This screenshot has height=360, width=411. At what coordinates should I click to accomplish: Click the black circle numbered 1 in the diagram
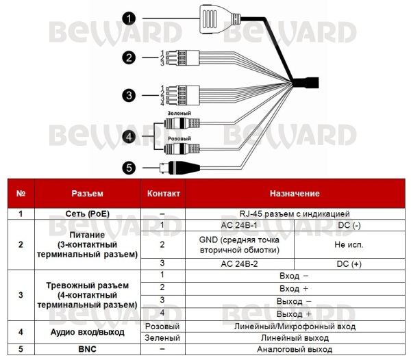(x=129, y=18)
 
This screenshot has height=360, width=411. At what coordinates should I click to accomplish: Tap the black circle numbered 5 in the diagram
(x=129, y=168)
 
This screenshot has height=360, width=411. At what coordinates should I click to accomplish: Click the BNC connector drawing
(x=179, y=168)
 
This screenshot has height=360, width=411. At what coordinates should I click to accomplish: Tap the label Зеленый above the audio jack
(x=179, y=114)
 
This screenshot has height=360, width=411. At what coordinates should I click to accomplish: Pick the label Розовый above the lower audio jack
(x=179, y=138)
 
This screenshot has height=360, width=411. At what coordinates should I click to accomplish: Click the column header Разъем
(x=87, y=194)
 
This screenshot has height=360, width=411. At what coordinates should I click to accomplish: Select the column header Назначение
(x=295, y=194)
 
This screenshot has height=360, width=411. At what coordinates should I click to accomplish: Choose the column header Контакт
(x=163, y=194)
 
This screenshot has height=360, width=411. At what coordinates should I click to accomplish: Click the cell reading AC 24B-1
(x=239, y=225)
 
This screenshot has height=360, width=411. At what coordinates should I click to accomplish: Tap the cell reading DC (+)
(x=349, y=264)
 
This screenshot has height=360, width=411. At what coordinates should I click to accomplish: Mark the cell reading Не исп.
(x=349, y=245)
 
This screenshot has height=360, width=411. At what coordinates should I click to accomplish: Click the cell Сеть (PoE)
(x=87, y=214)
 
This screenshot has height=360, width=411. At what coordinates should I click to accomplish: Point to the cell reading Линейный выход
(x=295, y=338)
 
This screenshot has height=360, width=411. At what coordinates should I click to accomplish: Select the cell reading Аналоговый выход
(x=295, y=349)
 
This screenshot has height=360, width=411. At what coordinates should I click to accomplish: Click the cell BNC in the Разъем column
(x=87, y=349)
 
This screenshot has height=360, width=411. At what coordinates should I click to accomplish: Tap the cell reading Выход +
(x=294, y=314)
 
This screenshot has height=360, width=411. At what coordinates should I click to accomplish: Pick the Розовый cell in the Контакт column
(x=162, y=326)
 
